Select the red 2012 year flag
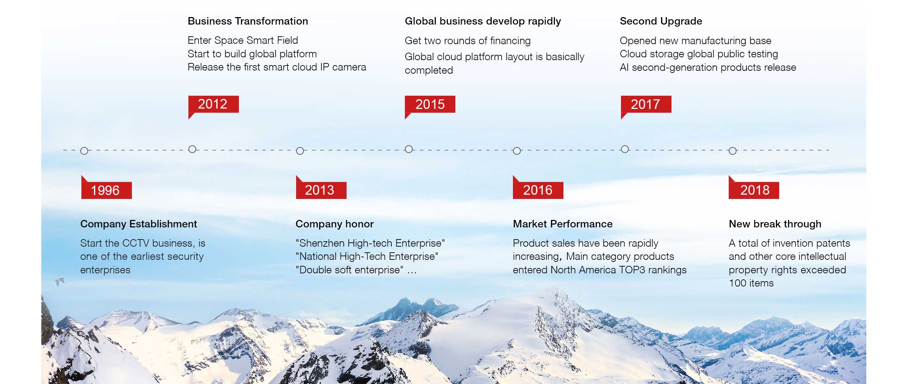click(213, 106)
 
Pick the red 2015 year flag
click(430, 106)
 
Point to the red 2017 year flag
click(646, 106)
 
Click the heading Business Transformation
click(248, 21)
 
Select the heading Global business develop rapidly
click(483, 21)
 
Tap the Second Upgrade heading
click(661, 21)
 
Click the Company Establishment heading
click(139, 224)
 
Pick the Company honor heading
click(334, 224)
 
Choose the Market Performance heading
click(563, 224)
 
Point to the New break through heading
click(775, 224)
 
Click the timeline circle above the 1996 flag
click(84, 151)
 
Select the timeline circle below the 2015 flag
click(409, 149)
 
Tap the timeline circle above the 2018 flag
click(733, 151)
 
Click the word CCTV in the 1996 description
click(135, 243)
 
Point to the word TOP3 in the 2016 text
click(632, 270)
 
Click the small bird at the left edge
click(60, 282)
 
